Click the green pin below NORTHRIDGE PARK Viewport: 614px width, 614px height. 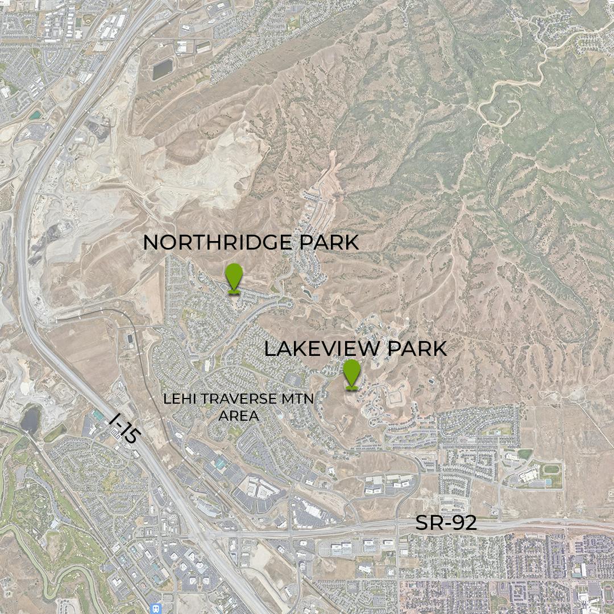point(234,277)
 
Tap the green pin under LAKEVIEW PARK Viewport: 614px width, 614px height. point(352,372)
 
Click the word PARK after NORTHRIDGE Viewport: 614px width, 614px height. point(329,242)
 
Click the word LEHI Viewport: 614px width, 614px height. point(176,399)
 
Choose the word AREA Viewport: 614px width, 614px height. point(239,416)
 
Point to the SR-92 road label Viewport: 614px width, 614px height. point(446,523)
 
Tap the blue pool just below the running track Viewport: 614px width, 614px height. point(547,483)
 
